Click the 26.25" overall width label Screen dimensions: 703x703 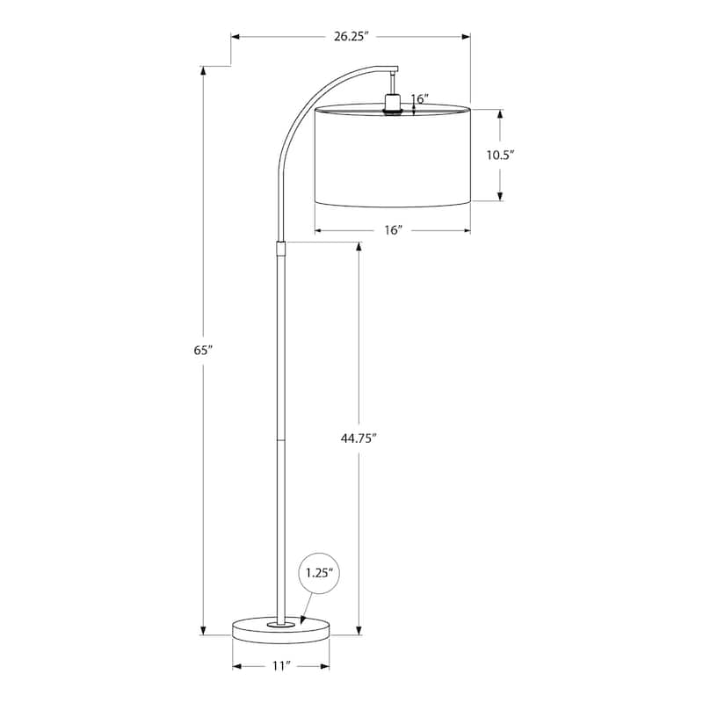350,36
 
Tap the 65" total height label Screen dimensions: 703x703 204,350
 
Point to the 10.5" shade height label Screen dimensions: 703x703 500,155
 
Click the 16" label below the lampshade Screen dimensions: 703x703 393,231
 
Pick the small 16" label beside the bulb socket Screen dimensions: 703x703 418,99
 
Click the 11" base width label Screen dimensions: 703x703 280,667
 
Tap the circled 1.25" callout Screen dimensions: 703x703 319,572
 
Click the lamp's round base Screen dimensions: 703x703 280,628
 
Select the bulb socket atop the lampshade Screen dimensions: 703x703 392,105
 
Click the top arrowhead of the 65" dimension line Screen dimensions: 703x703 204,71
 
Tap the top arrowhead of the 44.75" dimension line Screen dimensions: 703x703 359,248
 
